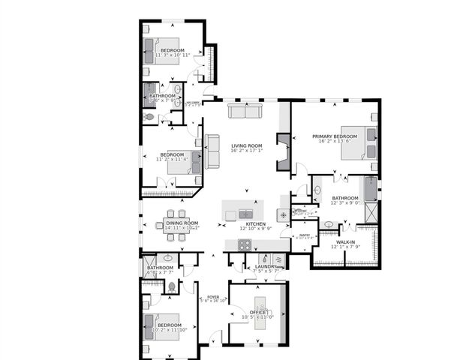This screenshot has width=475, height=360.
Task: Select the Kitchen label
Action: (256, 224)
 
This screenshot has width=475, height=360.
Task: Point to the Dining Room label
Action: (182, 223)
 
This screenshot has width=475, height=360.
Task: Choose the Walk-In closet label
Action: (345, 242)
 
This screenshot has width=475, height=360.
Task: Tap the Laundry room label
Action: (266, 266)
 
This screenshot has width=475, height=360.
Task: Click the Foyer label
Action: (213, 297)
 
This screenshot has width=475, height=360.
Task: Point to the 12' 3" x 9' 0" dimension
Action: (346, 202)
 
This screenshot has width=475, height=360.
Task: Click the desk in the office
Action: (260, 309)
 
